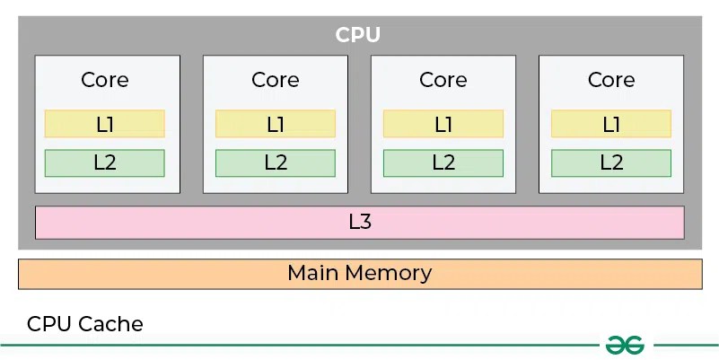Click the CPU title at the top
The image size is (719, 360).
358,35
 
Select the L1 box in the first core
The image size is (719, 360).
105,124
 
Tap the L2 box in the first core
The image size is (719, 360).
105,162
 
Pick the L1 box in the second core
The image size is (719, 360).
276,124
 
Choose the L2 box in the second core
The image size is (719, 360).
276,162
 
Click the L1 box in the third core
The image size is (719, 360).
443,124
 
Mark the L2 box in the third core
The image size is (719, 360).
443,162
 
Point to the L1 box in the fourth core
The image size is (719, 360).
611,124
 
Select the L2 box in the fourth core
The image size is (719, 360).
611,162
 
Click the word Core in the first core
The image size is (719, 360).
105,80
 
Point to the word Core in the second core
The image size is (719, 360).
276,80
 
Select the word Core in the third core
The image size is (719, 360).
443,80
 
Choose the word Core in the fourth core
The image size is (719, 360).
611,80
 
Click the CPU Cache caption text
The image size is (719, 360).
85,324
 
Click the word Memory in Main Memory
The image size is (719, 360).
390,273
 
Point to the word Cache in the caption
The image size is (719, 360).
114,324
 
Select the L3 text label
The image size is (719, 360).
360,222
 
